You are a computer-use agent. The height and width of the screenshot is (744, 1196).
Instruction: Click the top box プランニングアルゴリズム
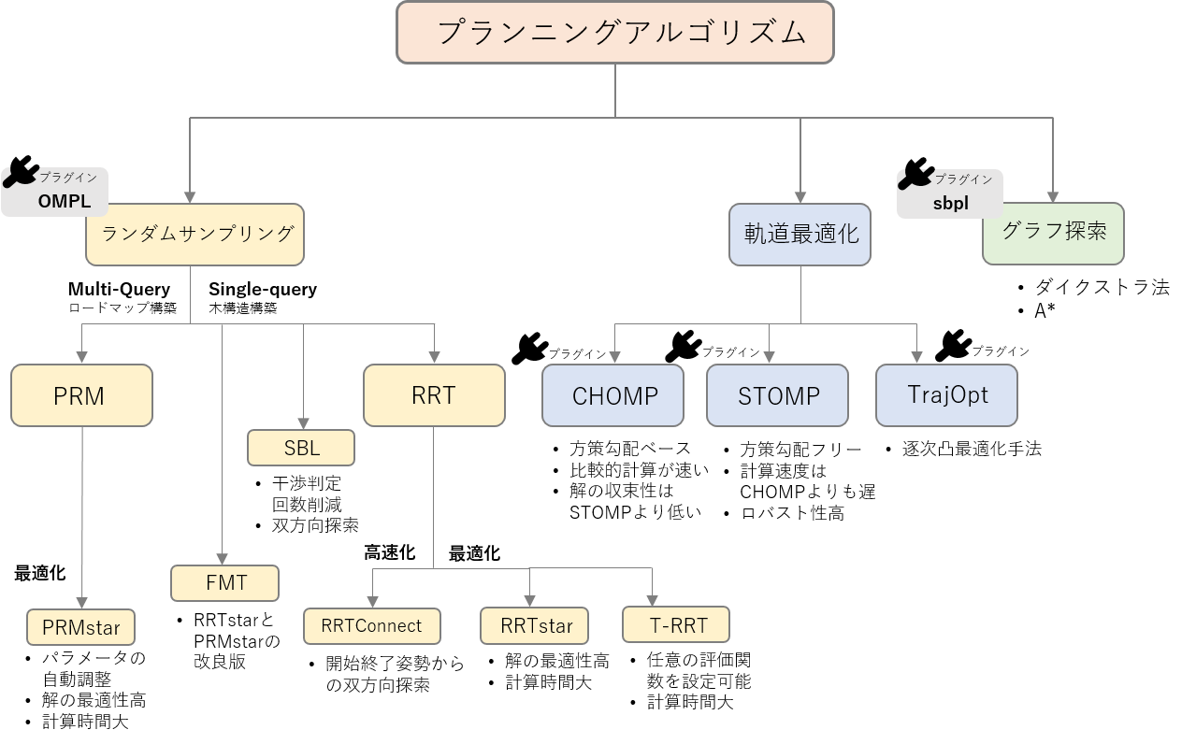(614, 33)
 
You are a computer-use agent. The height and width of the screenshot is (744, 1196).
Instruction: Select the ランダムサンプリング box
(195, 234)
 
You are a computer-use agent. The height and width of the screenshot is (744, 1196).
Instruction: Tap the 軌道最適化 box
(800, 234)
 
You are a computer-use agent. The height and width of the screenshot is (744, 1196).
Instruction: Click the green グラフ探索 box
(1053, 233)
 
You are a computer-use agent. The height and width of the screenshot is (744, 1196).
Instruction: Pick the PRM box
(80, 395)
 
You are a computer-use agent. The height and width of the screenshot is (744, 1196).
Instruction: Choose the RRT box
(434, 395)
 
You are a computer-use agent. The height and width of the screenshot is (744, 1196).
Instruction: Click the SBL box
(301, 448)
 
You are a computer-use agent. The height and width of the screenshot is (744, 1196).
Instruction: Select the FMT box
(224, 583)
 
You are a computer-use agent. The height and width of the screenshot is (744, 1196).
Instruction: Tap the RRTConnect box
(371, 625)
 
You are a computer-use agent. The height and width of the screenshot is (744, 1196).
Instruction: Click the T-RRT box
(676, 624)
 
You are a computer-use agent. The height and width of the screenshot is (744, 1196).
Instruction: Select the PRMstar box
(80, 628)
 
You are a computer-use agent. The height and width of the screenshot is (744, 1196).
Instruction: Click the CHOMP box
(613, 395)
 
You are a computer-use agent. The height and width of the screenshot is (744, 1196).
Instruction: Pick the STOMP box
(777, 395)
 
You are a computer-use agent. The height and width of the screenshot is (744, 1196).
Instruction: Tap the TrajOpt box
(946, 394)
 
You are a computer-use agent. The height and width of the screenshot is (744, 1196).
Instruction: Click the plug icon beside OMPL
(21, 173)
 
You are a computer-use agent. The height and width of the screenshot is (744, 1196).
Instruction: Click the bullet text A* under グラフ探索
(1045, 311)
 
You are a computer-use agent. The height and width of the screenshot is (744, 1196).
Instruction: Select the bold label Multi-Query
(119, 290)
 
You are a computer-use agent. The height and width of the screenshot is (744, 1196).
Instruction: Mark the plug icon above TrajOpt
(953, 345)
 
